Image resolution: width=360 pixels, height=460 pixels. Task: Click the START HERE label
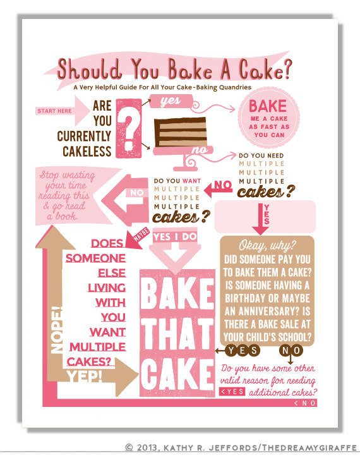tap(54, 111)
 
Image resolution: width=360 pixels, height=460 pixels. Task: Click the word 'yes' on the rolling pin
tap(171, 101)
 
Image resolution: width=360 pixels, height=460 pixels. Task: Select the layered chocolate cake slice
tap(180, 132)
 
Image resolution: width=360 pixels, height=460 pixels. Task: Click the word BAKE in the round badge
tap(268, 106)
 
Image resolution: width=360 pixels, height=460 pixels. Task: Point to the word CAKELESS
tap(87, 152)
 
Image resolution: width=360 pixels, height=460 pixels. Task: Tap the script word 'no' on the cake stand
tap(200, 150)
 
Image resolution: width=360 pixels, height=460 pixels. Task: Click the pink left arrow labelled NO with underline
tap(218, 188)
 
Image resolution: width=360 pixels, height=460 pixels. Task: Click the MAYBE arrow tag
tap(137, 238)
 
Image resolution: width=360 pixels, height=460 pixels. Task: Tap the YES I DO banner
tap(176, 236)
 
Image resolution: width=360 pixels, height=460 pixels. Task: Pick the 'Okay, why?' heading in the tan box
tap(267, 245)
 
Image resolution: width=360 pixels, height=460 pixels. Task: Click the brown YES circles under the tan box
tap(243, 350)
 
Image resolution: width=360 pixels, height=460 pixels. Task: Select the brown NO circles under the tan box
tap(291, 350)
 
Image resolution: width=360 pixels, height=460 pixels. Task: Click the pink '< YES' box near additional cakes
tap(232, 391)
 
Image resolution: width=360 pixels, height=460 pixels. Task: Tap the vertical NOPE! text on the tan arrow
tap(56, 330)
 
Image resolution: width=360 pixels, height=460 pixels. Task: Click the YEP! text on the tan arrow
tap(85, 377)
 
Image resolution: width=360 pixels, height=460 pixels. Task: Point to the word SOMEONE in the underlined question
tap(95, 258)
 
